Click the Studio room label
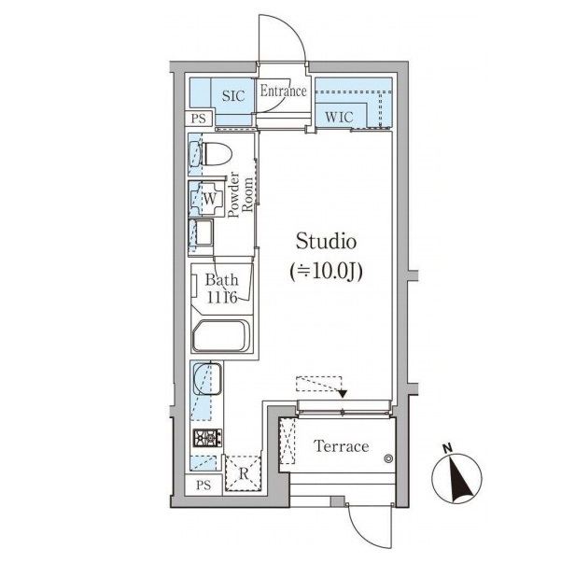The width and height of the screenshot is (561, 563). [326, 242]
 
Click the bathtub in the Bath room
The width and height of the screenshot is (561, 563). [221, 336]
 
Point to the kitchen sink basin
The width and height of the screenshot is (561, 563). [207, 379]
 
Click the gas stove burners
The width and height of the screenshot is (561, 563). [207, 438]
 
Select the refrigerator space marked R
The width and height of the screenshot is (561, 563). [243, 473]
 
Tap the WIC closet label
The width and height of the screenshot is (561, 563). [339, 117]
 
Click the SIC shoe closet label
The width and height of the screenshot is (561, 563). [233, 96]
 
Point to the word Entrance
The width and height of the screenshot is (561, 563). [283, 91]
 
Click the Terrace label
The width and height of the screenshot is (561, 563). [341, 446]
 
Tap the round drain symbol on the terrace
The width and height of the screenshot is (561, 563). [388, 458]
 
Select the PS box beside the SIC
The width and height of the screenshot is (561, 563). [199, 119]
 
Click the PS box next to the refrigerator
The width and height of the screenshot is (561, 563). [203, 486]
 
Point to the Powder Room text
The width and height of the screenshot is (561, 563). [240, 195]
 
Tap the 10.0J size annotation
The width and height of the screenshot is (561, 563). [326, 272]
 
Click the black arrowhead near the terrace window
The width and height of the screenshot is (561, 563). [343, 393]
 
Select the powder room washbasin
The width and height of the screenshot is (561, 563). [201, 232]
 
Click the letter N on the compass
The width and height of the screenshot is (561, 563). [447, 448]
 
